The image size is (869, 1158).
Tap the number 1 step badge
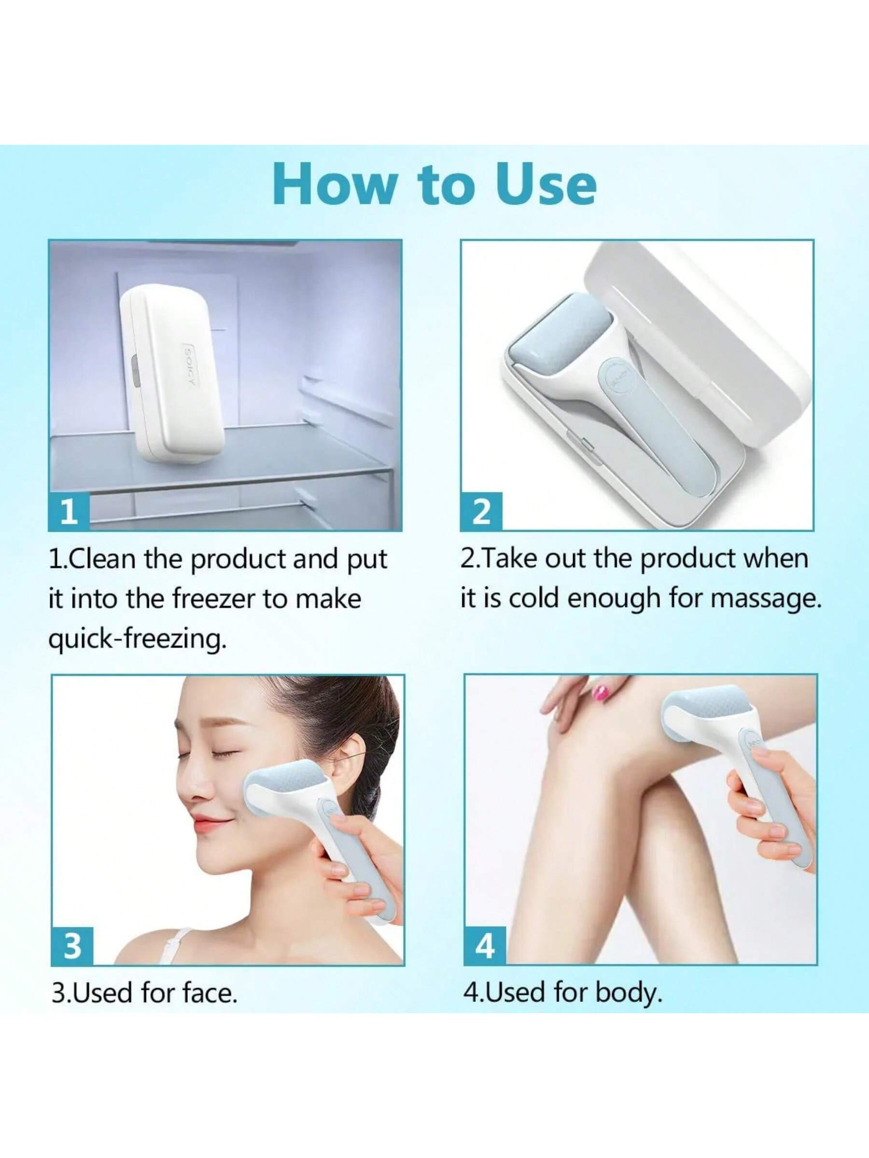click(69, 512)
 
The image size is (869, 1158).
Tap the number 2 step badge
click(481, 512)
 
